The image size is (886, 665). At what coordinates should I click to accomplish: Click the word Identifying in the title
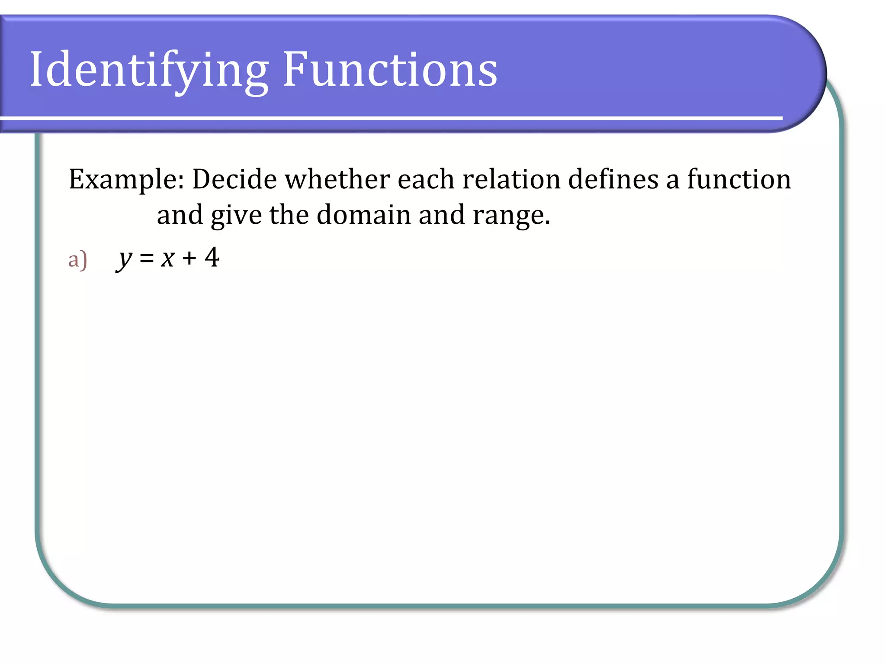pos(149,71)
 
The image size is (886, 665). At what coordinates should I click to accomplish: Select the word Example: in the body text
pos(126,180)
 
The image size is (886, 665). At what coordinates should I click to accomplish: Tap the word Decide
pos(234,179)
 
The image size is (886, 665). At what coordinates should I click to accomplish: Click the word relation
pos(511,179)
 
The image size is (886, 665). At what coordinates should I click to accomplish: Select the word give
pos(236,215)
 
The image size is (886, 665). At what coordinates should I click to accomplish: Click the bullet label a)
pos(78,259)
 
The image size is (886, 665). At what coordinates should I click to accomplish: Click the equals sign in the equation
pos(147,259)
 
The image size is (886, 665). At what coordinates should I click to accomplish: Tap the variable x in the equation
pos(167,259)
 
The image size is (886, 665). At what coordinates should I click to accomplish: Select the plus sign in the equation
pos(189,258)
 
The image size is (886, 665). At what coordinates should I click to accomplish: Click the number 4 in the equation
pos(212,257)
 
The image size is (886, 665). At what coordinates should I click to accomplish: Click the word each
pos(426,179)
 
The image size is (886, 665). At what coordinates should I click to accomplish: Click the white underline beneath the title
pos(389,118)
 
